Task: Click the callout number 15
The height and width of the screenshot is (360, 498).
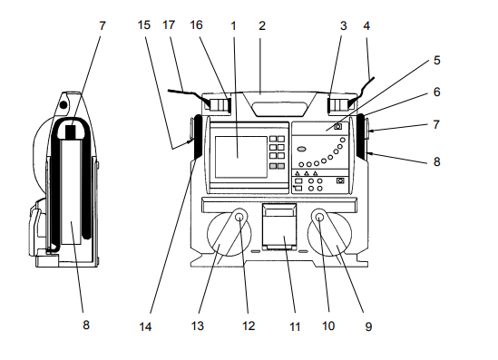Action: pyautogui.click(x=144, y=25)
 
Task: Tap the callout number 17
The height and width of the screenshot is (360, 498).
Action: pyautogui.click(x=169, y=25)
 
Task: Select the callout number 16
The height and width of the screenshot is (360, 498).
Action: pyautogui.click(x=196, y=25)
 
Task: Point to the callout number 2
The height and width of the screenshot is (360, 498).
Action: pyautogui.click(x=262, y=26)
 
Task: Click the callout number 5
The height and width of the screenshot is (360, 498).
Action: pyautogui.click(x=437, y=61)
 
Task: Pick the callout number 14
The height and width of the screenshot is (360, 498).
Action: pyautogui.click(x=145, y=326)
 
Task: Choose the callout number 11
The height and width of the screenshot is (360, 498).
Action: pyautogui.click(x=295, y=326)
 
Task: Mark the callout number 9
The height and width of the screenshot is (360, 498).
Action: pyautogui.click(x=368, y=326)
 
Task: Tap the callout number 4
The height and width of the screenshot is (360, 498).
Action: pyautogui.click(x=366, y=26)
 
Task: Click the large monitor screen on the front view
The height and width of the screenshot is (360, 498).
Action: pyautogui.click(x=241, y=157)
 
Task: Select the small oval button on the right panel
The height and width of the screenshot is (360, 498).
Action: pyautogui.click(x=302, y=149)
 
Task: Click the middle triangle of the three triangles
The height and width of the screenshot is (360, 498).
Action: pyautogui.click(x=307, y=173)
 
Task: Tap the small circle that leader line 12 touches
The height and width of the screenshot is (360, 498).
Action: pyautogui.click(x=239, y=218)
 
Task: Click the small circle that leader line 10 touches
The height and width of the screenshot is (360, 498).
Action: pyautogui.click(x=320, y=218)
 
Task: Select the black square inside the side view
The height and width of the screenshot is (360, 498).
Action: pyautogui.click(x=71, y=131)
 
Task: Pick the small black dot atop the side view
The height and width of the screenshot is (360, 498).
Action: pyautogui.click(x=63, y=104)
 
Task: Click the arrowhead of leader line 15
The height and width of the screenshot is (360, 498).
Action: pyautogui.click(x=190, y=141)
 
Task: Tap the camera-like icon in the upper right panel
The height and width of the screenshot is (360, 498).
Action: pyautogui.click(x=338, y=127)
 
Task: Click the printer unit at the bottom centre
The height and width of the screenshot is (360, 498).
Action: pyautogui.click(x=279, y=227)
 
